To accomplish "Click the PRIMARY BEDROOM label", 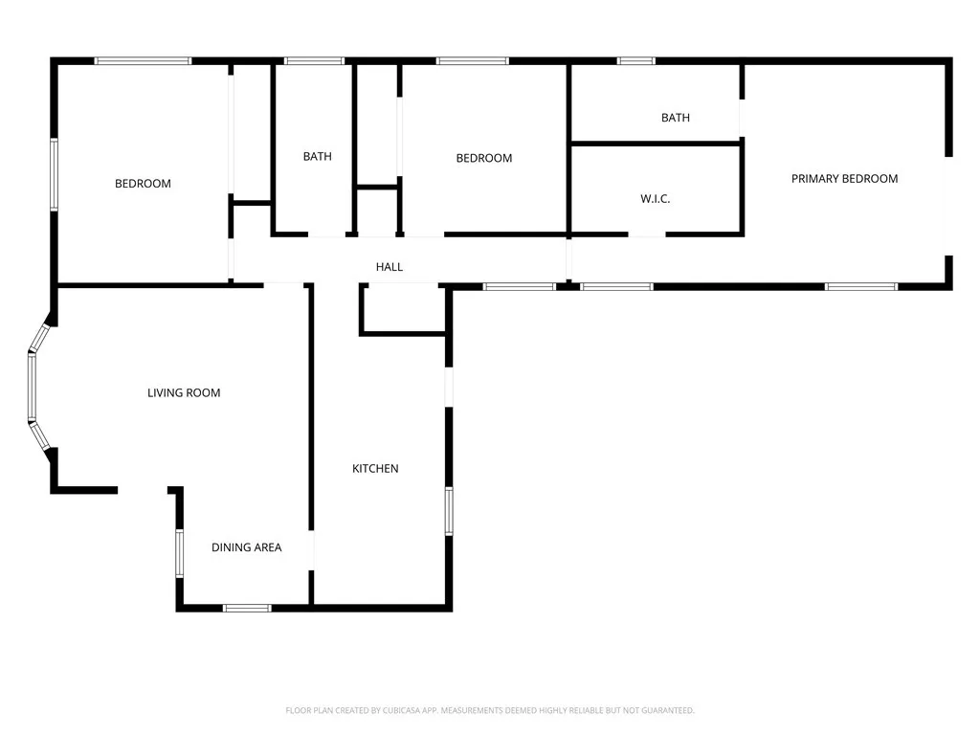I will pyautogui.click(x=844, y=179).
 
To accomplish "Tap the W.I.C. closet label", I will pyautogui.click(x=655, y=199).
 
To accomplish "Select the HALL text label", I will pyautogui.click(x=390, y=267).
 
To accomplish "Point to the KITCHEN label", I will pyautogui.click(x=375, y=468).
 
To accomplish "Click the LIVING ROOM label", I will pyautogui.click(x=184, y=392).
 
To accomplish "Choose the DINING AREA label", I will pyautogui.click(x=246, y=547).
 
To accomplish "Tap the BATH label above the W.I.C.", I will pyautogui.click(x=675, y=118).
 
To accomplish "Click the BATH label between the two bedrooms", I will pyautogui.click(x=317, y=156).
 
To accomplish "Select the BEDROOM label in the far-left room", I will pyautogui.click(x=143, y=184).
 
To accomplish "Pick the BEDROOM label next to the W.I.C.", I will pyautogui.click(x=483, y=158).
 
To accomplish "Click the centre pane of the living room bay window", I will pyautogui.click(x=31, y=388).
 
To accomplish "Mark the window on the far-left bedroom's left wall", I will pyautogui.click(x=55, y=174).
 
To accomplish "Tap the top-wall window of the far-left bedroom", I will pyautogui.click(x=143, y=61).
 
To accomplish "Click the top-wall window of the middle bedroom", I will pyautogui.click(x=472, y=61).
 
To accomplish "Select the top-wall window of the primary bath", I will pyautogui.click(x=635, y=61).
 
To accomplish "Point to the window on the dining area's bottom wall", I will pyautogui.click(x=247, y=608).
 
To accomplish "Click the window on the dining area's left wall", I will pyautogui.click(x=179, y=553).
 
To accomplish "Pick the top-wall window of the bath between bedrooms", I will pyautogui.click(x=314, y=61).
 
